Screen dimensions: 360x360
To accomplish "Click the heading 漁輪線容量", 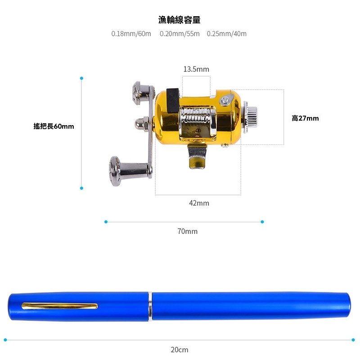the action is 179,20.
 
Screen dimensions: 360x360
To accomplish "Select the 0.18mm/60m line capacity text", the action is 131,34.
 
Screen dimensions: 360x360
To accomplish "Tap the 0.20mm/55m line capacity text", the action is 180,34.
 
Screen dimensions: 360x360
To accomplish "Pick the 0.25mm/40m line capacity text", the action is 227,34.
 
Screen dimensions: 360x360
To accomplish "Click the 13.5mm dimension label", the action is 196,69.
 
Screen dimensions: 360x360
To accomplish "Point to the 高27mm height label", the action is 305,118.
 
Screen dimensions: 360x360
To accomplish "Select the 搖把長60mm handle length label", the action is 54,126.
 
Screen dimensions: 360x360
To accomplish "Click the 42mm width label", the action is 199,203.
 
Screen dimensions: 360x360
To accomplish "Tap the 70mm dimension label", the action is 187,231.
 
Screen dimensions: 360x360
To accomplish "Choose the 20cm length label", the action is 180,350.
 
